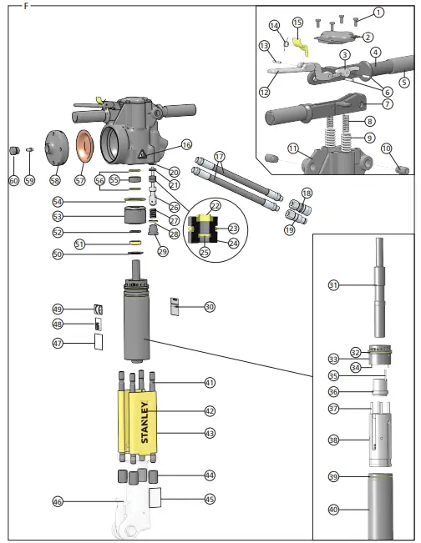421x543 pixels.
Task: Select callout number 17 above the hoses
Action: (x=220, y=156)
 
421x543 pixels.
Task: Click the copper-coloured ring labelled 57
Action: (x=84, y=146)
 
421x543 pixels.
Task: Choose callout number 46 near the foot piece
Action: (x=58, y=501)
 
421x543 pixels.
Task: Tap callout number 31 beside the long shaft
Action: (x=332, y=285)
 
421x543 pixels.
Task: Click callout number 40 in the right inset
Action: (x=332, y=508)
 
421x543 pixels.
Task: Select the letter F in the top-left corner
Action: (x=26, y=6)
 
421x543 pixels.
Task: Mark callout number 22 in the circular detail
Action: (x=215, y=205)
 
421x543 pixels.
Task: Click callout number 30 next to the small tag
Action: (x=209, y=307)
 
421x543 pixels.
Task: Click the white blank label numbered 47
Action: (x=98, y=341)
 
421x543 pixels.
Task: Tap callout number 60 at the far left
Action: (x=13, y=180)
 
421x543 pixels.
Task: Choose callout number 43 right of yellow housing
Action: (x=209, y=433)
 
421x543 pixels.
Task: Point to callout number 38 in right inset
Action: (x=332, y=440)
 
